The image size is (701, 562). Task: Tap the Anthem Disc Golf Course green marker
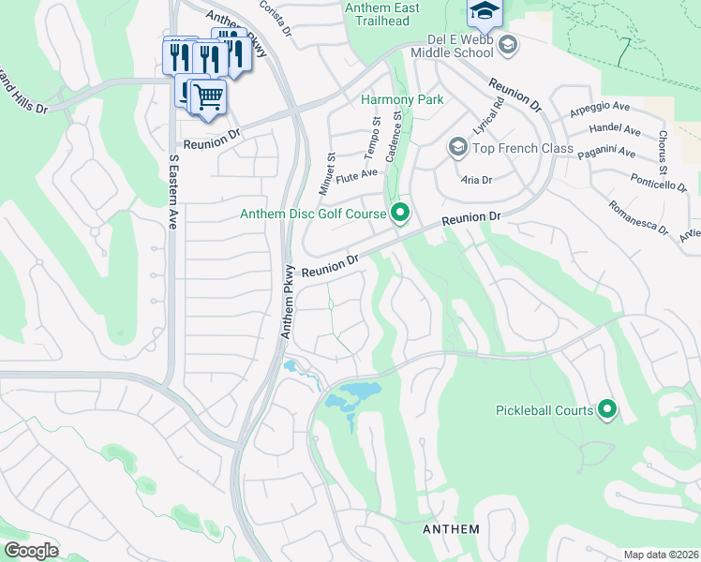[400, 214]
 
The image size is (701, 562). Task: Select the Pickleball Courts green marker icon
[607, 409]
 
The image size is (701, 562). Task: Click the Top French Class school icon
[457, 147]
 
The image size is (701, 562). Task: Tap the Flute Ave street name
[356, 173]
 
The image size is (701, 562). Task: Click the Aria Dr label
[476, 179]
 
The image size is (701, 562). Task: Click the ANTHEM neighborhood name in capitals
[451, 529]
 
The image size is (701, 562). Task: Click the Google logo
[31, 551]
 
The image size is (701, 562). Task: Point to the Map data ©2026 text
[661, 555]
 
